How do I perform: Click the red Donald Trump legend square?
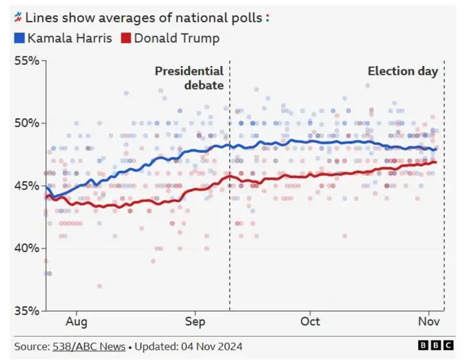125,38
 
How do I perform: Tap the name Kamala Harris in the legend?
70,38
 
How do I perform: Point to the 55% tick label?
27,61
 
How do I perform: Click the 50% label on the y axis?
27,123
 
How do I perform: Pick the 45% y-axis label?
27,186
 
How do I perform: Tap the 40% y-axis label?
27,248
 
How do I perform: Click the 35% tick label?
27,311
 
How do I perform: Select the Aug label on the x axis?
77,322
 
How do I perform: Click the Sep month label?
195,322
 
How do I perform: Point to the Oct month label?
310,322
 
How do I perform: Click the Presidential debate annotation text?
189,78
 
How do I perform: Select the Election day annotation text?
402,71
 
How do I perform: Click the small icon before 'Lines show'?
18,15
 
